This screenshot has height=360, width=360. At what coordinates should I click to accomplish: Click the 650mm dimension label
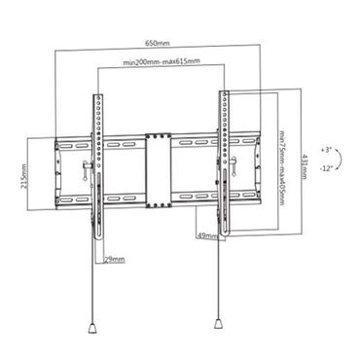point(158,44)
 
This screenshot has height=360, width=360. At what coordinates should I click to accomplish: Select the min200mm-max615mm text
point(162,61)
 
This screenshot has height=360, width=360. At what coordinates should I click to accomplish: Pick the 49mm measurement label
point(206,236)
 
